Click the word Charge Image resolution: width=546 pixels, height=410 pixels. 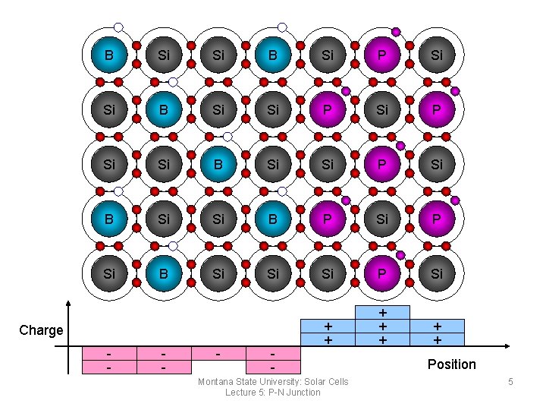[x=41, y=330]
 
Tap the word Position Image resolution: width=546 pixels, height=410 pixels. [x=451, y=364]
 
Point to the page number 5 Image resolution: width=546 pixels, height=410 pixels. [x=511, y=381]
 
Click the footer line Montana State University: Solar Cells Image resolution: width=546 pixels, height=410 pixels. [x=273, y=381]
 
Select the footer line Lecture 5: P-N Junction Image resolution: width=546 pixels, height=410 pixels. [x=273, y=392]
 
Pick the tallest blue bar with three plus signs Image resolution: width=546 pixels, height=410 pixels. [x=383, y=326]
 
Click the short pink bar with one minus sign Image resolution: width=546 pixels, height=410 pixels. [x=218, y=354]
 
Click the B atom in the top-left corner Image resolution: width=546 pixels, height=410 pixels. [x=110, y=55]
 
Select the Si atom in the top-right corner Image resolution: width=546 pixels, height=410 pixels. [x=438, y=55]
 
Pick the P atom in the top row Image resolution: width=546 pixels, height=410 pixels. [x=383, y=55]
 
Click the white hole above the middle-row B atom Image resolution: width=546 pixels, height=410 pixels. [x=227, y=137]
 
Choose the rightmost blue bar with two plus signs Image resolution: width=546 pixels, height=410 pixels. [x=438, y=333]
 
